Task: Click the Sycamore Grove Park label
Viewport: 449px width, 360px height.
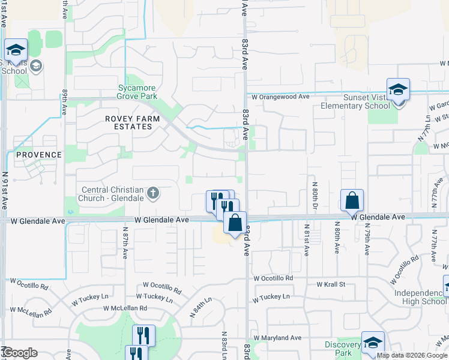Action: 137,92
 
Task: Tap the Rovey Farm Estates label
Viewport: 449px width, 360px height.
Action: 133,122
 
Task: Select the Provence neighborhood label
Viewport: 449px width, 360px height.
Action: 39,155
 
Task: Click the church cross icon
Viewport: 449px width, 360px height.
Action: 153,193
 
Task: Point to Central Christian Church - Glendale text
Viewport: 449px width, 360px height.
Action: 113,194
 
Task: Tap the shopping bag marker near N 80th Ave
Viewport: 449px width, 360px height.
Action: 353,200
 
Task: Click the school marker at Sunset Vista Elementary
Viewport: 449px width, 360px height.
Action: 397,90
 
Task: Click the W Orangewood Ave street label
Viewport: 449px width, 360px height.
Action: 280,96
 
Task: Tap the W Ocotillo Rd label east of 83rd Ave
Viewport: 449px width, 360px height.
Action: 273,279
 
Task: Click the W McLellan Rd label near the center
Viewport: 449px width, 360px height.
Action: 125,308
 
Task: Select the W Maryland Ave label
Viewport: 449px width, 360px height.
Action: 277,338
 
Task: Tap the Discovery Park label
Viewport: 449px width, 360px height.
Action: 342,349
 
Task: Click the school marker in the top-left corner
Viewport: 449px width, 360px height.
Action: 16,50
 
